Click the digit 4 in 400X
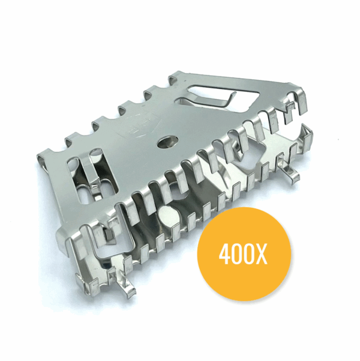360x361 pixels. point(225,255)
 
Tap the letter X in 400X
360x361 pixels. point(262,255)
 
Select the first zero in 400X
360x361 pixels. point(237,255)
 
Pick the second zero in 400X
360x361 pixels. point(248,255)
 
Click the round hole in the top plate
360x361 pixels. point(165,144)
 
